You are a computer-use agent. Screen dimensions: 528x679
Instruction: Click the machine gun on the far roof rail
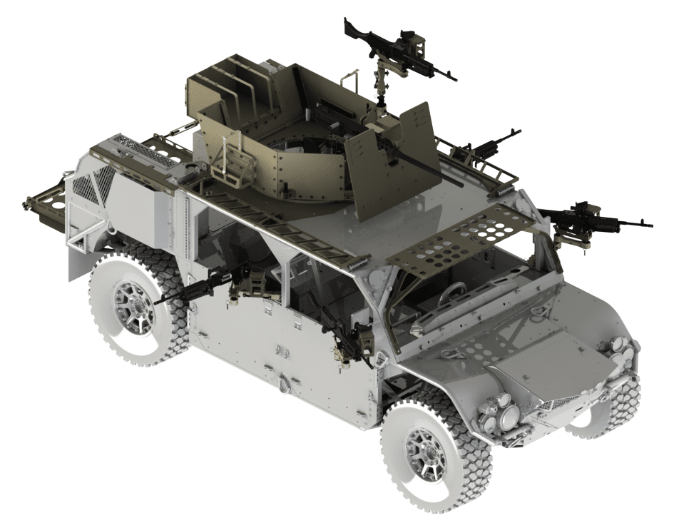(489, 147)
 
